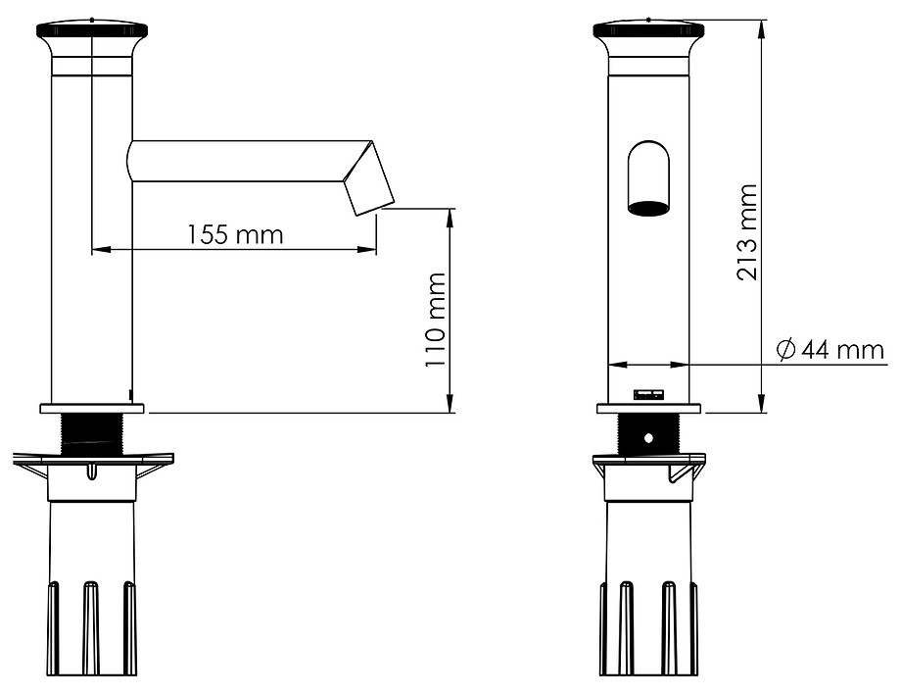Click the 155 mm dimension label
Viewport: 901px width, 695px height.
point(236,234)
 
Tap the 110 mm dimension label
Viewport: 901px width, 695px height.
point(435,320)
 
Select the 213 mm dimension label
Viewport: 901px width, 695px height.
point(747,232)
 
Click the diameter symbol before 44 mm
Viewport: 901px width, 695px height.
point(784,349)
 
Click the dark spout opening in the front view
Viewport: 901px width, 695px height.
point(649,208)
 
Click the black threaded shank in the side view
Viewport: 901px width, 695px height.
point(92,435)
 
